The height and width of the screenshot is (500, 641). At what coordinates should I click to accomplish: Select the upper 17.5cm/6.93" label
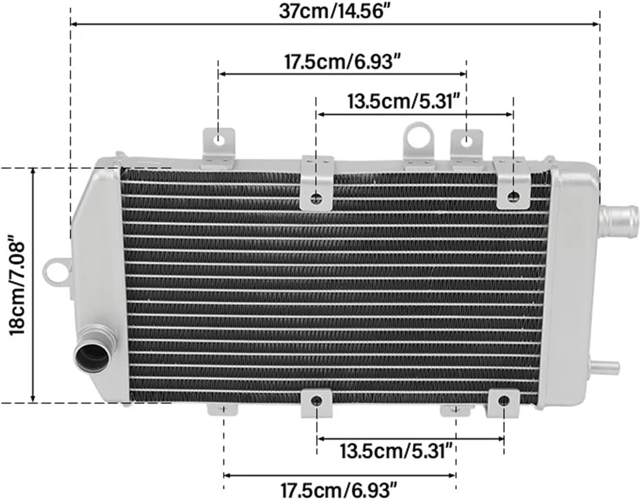pyautogui.click(x=343, y=62)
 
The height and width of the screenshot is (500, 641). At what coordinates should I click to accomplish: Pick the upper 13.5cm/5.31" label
pyautogui.click(x=404, y=101)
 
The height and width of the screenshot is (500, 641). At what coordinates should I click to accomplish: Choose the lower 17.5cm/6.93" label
pyautogui.click(x=339, y=490)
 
